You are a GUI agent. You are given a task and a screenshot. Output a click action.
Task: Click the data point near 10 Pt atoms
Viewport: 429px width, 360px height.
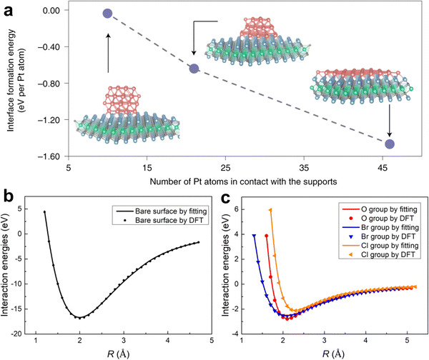[108, 14]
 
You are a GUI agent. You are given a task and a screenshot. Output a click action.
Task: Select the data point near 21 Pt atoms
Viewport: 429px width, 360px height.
[194, 69]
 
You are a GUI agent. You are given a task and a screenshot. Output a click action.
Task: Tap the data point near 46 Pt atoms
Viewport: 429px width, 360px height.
[390, 144]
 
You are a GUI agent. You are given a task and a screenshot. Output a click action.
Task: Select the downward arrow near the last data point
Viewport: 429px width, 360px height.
[390, 121]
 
